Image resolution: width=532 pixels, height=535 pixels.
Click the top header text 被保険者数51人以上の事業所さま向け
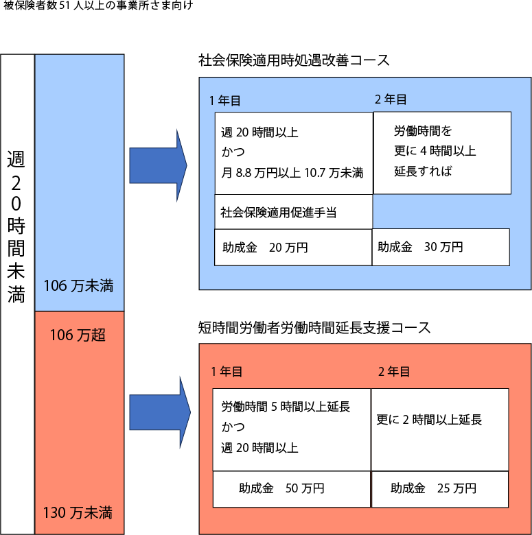(98, 5)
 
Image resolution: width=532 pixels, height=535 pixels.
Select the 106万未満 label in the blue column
(78, 286)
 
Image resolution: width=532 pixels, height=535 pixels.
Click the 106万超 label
(78, 335)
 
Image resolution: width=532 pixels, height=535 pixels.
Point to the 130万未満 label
(78, 513)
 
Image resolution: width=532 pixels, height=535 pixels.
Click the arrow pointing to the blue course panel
(158, 165)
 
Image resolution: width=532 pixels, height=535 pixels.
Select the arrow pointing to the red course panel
(160, 412)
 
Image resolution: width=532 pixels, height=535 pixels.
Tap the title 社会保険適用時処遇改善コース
(294, 60)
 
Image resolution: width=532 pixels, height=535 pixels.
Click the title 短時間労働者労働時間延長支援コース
(314, 328)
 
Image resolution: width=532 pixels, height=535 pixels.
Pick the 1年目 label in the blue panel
(225, 101)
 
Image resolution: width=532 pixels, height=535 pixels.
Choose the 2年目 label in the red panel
(394, 372)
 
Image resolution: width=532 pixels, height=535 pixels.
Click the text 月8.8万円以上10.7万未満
(292, 173)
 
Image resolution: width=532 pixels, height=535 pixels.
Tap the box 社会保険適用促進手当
(293, 212)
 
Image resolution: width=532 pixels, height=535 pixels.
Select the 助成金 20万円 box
(293, 248)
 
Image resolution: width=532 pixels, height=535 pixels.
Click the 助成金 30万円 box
(441, 248)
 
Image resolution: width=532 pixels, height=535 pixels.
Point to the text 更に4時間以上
(435, 151)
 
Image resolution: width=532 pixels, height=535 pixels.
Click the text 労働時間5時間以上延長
(286, 407)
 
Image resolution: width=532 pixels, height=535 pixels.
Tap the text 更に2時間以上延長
(429, 420)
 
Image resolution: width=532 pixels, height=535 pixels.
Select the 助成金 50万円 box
(292, 489)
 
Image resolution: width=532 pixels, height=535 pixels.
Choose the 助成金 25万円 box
(440, 489)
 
